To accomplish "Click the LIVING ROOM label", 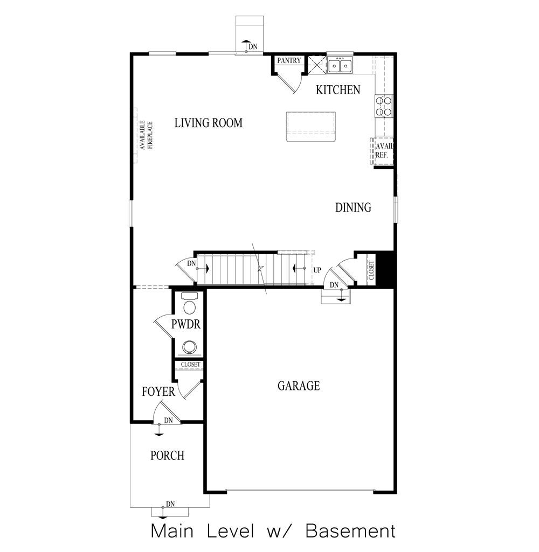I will point(208,123).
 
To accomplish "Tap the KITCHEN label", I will point(338,90).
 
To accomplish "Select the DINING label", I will point(353,207).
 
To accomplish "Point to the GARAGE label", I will point(299,386).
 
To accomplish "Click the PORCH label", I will point(167,456).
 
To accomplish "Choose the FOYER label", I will point(158,392).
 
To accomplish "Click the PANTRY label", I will point(289,61).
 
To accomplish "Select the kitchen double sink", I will point(340,66).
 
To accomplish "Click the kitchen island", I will point(311,127).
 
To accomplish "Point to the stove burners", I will point(384,106).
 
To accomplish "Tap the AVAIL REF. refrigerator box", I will point(383,150).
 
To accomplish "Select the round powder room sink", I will point(189,346).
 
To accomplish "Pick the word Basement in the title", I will point(350,532).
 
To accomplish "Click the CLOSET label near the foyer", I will point(190,365).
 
